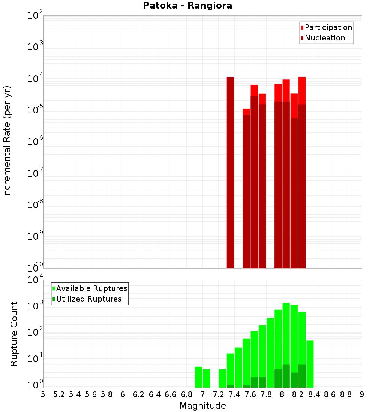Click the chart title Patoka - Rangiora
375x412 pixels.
(x=187, y=6)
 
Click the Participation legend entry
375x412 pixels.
(x=328, y=28)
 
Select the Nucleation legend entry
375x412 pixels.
(x=324, y=38)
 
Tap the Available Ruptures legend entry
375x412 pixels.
(x=91, y=288)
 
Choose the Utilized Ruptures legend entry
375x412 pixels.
(x=88, y=299)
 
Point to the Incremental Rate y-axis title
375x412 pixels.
(x=7, y=142)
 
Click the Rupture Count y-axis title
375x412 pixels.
(x=14, y=334)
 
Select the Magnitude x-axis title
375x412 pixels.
(x=202, y=406)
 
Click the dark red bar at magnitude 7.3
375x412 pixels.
(x=230, y=172)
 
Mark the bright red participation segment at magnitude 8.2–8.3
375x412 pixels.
(x=302, y=90)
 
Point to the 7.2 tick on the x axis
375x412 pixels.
(x=218, y=394)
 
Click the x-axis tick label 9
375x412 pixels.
(x=362, y=394)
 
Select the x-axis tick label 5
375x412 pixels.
(x=43, y=394)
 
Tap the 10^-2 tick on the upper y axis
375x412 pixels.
(x=35, y=16)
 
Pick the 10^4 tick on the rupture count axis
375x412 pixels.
(x=35, y=280)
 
